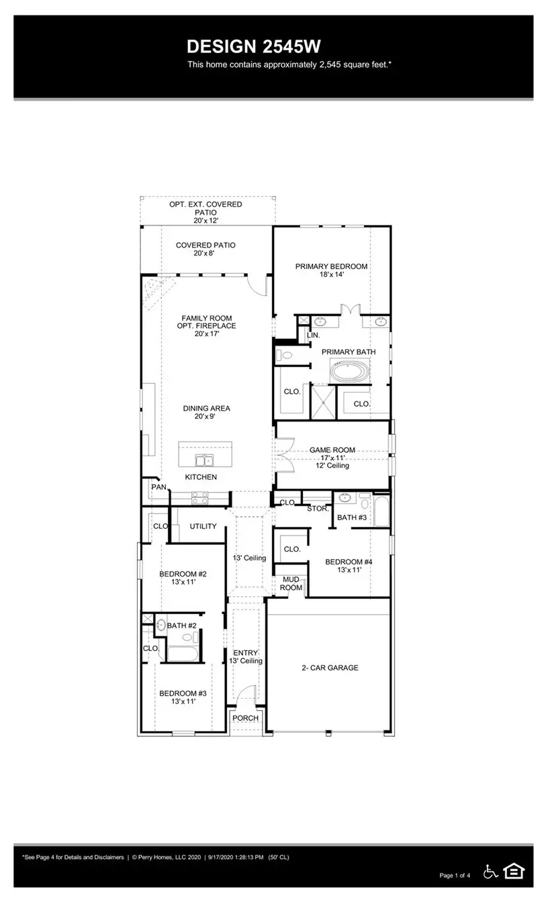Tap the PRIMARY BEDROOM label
[x=331, y=266]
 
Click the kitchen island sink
[x=204, y=460]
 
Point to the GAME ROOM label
[x=332, y=450]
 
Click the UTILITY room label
[x=203, y=526]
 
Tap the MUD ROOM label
[x=290, y=583]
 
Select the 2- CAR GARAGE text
[x=329, y=668]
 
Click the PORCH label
[x=245, y=718]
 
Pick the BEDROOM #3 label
[x=182, y=694]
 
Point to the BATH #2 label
[x=181, y=625]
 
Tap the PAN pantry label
[x=158, y=487]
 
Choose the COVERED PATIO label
[x=205, y=245]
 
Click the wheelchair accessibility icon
[x=491, y=871]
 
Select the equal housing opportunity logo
[x=514, y=871]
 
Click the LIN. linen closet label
[x=313, y=334]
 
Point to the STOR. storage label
[x=318, y=509]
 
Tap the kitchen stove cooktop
[x=200, y=498]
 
